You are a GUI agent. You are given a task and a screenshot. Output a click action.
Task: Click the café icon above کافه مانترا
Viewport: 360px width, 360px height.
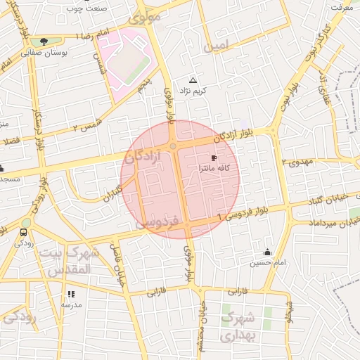(214, 158)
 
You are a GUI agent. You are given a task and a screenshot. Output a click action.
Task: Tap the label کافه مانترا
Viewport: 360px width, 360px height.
(215, 169)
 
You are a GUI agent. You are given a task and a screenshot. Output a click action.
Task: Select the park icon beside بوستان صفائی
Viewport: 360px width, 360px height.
(44, 41)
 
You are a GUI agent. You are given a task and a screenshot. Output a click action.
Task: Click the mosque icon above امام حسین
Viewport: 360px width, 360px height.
(266, 252)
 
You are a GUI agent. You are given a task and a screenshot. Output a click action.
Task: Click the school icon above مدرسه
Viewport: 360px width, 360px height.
(70, 294)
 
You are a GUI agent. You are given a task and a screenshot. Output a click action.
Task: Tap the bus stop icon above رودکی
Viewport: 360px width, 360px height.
(24, 232)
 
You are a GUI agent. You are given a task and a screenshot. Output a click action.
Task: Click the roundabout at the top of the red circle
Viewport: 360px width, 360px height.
(172, 146)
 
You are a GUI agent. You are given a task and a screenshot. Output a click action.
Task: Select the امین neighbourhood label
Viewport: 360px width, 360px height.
(216, 46)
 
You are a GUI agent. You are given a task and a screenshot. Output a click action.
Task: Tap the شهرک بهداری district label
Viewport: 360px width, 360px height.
(240, 327)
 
